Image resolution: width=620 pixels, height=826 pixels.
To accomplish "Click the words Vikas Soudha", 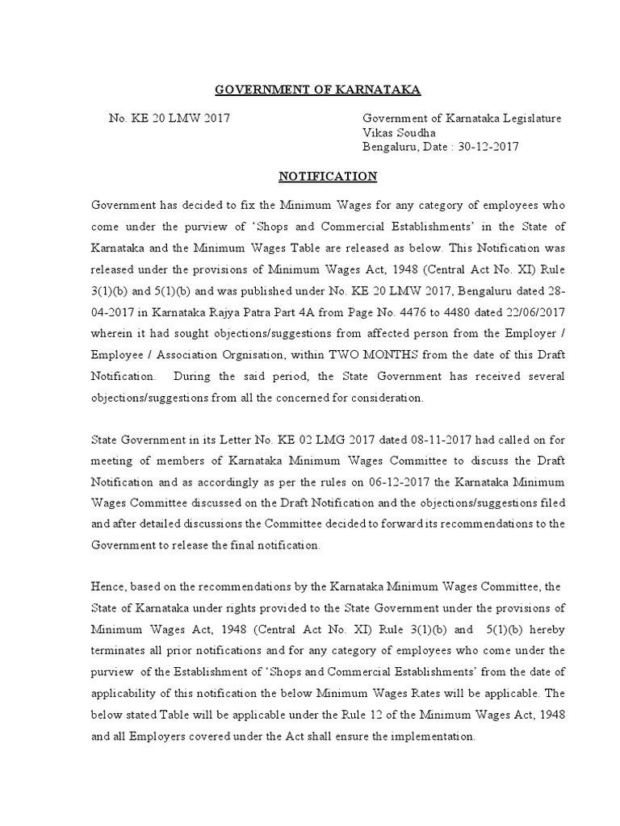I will coord(400,132).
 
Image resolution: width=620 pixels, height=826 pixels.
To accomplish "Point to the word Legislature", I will coord(528,118).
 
